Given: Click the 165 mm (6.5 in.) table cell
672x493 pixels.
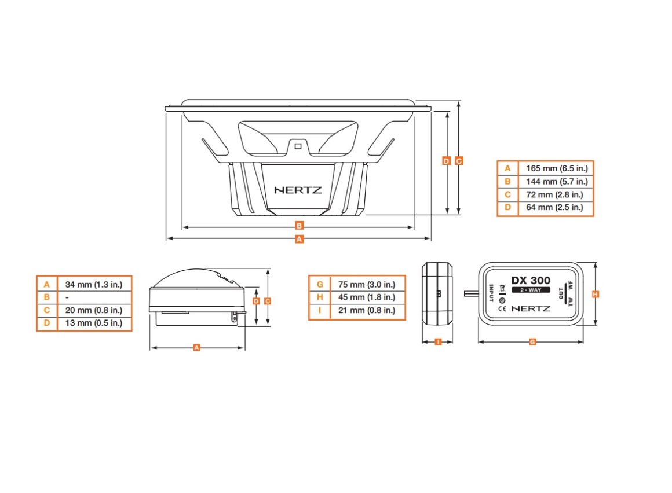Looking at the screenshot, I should [556, 168].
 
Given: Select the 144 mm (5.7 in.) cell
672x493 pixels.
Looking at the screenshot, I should [556, 182].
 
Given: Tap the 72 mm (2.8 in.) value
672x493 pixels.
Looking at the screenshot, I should [556, 195].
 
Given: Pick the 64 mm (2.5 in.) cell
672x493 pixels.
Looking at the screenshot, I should [556, 208].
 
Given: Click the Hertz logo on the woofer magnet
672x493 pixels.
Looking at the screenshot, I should [298, 189].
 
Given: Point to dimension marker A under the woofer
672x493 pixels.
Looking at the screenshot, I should [299, 238].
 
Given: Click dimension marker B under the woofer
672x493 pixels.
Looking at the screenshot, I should [299, 225].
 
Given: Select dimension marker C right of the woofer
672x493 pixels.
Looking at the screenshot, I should [459, 161].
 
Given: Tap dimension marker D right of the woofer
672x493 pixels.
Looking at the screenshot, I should [446, 161].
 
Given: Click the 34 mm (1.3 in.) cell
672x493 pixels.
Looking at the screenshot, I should [94, 284].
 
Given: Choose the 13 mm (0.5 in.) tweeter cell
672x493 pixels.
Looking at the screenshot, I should [94, 323].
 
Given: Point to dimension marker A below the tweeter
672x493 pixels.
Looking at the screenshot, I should [196, 348].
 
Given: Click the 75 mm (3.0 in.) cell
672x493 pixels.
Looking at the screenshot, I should [367, 284].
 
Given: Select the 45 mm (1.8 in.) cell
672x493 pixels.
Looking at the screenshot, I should [367, 297].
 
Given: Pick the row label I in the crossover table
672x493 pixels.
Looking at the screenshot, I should [319, 311].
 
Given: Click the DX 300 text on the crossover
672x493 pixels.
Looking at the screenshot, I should [531, 280].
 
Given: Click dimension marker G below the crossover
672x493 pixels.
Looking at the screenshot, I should [532, 341].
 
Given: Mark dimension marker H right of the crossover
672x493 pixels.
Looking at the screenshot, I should [596, 294].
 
